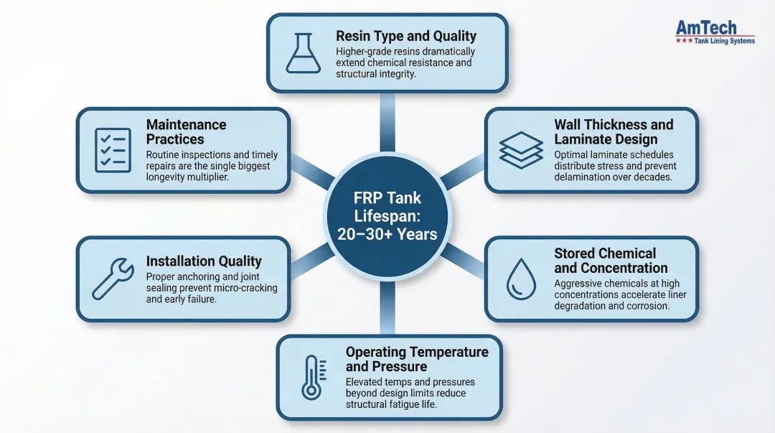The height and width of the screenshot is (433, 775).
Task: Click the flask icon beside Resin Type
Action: (x=304, y=53)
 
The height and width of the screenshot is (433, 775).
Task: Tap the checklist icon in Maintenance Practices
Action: (x=113, y=150)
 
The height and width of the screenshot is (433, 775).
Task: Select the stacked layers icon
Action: (x=521, y=150)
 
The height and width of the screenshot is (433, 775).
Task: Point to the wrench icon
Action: (x=113, y=279)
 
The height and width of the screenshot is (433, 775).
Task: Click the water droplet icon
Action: (x=521, y=279)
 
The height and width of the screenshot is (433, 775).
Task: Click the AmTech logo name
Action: (x=706, y=27)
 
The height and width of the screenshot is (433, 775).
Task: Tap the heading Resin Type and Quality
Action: (x=406, y=36)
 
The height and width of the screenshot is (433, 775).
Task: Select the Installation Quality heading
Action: (x=204, y=261)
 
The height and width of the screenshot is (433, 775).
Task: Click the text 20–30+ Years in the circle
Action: (x=387, y=233)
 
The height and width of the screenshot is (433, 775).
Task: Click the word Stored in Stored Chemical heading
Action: (x=574, y=253)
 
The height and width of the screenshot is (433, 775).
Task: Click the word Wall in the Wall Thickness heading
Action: (x=568, y=124)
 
